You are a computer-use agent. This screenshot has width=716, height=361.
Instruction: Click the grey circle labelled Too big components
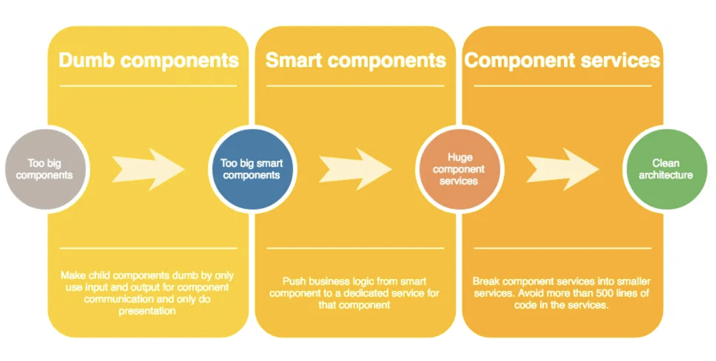click(45, 169)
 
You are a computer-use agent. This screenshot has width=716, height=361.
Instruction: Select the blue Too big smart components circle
click(251, 169)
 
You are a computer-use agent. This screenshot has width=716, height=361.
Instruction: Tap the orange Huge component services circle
click(459, 169)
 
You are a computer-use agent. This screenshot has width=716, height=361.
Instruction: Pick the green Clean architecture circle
click(665, 169)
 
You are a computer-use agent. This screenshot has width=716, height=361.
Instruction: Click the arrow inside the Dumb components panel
click(148, 169)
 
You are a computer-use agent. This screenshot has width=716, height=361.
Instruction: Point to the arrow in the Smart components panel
click(356, 169)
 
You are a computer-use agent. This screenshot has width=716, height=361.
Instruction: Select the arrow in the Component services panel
click(563, 169)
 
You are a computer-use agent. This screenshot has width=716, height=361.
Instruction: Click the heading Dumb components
click(148, 60)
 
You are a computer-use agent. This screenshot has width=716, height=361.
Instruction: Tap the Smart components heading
click(356, 60)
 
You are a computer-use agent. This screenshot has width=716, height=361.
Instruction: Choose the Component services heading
click(563, 60)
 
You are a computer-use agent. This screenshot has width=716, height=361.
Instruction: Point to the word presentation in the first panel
click(147, 311)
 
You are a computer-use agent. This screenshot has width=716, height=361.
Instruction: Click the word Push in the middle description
click(293, 281)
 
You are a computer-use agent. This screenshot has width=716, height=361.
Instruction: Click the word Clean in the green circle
click(666, 163)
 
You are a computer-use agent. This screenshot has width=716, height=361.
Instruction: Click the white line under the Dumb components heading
click(148, 86)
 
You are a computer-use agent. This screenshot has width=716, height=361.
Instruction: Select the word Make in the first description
click(72, 275)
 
